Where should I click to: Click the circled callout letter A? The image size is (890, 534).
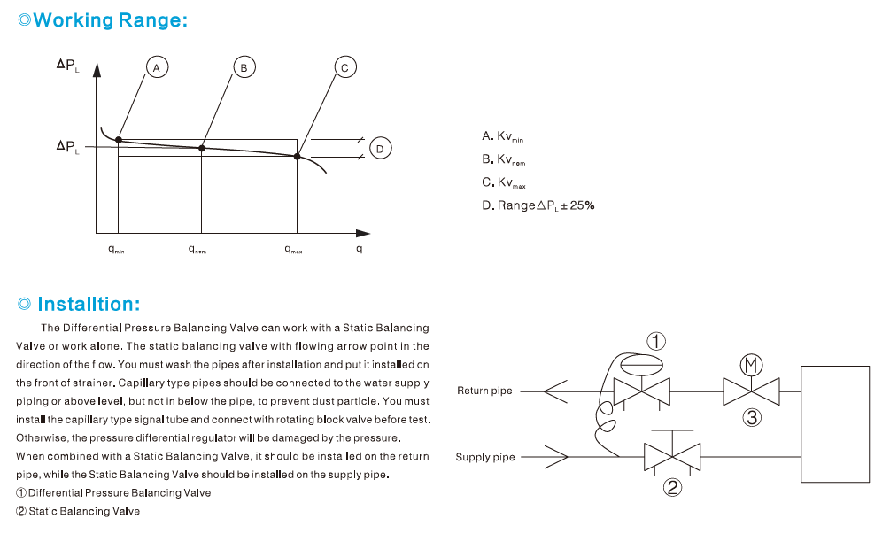click(x=157, y=67)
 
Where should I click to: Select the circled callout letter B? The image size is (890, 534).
click(x=244, y=67)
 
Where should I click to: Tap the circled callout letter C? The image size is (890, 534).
click(x=344, y=67)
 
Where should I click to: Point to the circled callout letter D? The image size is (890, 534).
click(x=379, y=149)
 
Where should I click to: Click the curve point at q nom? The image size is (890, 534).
click(x=202, y=148)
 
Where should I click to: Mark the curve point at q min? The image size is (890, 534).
click(x=119, y=140)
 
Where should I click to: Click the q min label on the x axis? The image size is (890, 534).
click(x=116, y=250)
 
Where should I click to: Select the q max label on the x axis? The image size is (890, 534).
click(x=293, y=250)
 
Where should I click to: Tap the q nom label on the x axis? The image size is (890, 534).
click(x=197, y=250)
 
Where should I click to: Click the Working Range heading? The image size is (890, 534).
click(x=103, y=20)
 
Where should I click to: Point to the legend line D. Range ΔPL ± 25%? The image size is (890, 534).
click(x=538, y=205)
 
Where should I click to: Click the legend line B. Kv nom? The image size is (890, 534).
click(x=504, y=159)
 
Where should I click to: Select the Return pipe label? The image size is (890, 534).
click(x=484, y=391)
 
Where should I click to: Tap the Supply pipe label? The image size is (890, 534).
click(x=485, y=457)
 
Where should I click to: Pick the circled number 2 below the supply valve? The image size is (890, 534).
click(x=673, y=486)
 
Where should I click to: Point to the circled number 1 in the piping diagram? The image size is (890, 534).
click(x=655, y=341)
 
